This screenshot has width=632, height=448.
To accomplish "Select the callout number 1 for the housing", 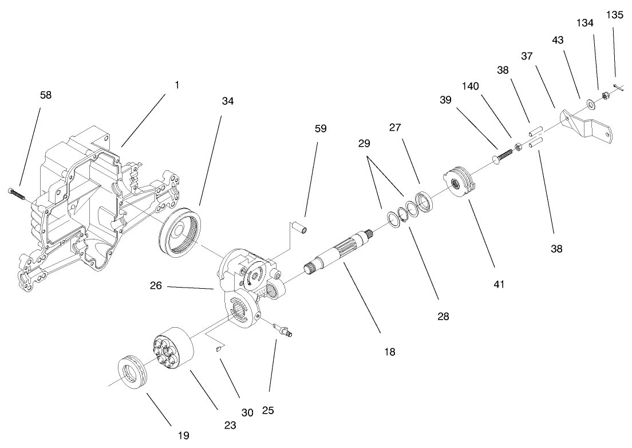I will [x=177, y=85].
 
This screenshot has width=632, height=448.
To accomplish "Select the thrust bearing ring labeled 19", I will [x=133, y=374].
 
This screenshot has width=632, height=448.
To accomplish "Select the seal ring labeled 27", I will [x=424, y=202].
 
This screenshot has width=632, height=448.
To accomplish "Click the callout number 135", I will [x=615, y=15].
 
